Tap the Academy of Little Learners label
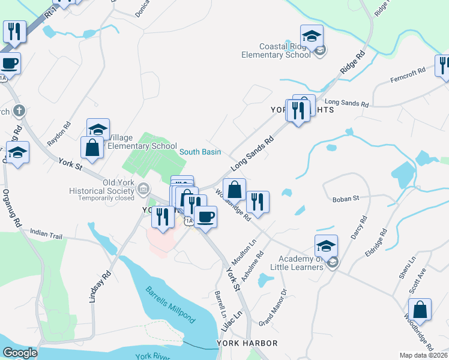[293, 263]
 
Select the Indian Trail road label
[46, 236]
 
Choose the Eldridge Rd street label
[376, 244]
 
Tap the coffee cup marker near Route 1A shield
[205, 217]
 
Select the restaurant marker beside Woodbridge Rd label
[258, 201]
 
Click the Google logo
[20, 353]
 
